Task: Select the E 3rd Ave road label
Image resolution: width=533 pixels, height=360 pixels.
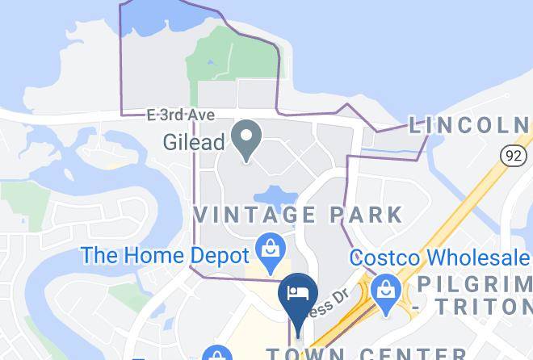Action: pyautogui.click(x=180, y=115)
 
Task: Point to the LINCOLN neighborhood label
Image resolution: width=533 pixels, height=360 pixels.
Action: pyautogui.click(x=470, y=125)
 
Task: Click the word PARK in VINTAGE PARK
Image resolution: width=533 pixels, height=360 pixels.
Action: pyautogui.click(x=364, y=215)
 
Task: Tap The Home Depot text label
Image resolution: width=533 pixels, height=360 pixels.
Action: pyautogui.click(x=166, y=256)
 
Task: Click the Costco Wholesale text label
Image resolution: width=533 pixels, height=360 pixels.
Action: pyautogui.click(x=440, y=258)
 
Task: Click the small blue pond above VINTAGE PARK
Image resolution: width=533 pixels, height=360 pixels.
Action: pyautogui.click(x=273, y=195)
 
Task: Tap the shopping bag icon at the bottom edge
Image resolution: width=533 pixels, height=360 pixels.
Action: pyautogui.click(x=216, y=354)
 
